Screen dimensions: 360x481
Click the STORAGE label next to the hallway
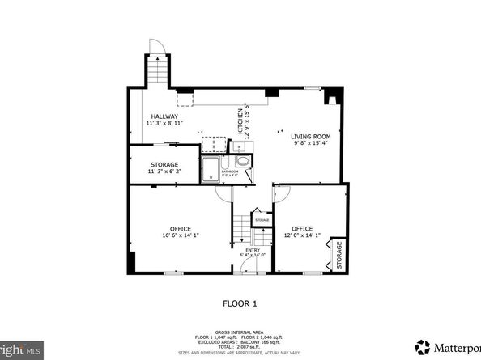click(x=164, y=165)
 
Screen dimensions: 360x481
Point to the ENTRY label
click(x=253, y=251)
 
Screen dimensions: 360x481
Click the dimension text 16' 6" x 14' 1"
click(x=181, y=235)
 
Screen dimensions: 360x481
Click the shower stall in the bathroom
click(x=211, y=167)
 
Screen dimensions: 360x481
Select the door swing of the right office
click(x=282, y=194)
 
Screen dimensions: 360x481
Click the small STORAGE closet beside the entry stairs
click(x=262, y=220)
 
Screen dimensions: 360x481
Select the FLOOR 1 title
click(x=240, y=305)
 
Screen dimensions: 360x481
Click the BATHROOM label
click(x=229, y=172)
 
